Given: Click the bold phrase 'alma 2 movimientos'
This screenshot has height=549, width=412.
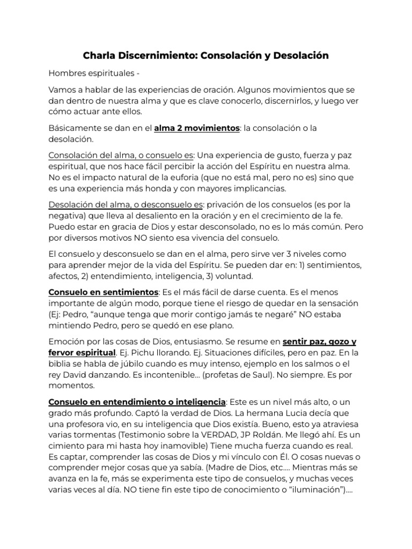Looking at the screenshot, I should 196,128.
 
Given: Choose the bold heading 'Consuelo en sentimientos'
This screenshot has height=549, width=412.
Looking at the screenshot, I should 104,292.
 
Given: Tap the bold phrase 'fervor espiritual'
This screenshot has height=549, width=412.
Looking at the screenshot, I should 82,353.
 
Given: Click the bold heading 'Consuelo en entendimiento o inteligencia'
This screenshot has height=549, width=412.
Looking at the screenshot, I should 137,402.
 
